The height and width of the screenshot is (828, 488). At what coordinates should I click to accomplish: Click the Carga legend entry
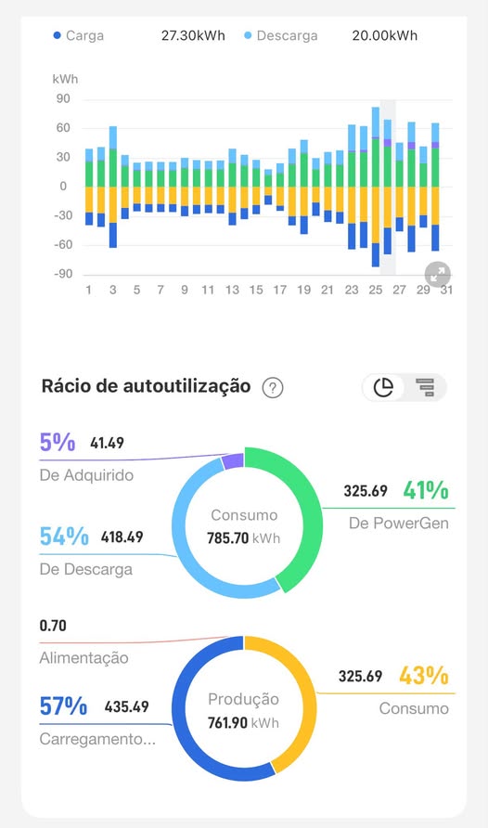click(x=79, y=36)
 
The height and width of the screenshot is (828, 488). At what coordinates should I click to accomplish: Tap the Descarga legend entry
click(x=281, y=36)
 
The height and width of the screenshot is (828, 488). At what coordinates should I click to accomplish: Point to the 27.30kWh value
click(x=193, y=36)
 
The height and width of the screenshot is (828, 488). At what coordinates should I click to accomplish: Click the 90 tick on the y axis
click(x=63, y=98)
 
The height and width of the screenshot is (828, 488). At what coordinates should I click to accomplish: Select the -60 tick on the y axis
click(x=62, y=244)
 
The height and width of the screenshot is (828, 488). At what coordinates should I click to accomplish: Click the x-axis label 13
click(x=232, y=290)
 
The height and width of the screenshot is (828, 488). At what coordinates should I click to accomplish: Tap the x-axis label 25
click(x=375, y=290)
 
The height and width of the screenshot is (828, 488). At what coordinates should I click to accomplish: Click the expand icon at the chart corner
click(x=438, y=274)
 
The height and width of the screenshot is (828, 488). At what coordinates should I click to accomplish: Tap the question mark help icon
click(x=273, y=388)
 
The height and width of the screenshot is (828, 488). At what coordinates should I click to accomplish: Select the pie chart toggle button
click(x=383, y=387)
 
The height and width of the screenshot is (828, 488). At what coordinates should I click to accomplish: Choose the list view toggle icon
click(x=425, y=387)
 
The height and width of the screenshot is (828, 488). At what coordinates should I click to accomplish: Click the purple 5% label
click(x=58, y=442)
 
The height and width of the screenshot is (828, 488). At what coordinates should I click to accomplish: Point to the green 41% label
click(x=426, y=490)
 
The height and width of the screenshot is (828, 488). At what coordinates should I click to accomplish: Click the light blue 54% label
click(x=64, y=537)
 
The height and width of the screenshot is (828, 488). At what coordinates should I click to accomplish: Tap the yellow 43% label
click(x=424, y=676)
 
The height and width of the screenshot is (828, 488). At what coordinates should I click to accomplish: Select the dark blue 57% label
click(x=63, y=706)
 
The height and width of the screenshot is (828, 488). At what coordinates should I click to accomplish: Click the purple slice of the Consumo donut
click(x=233, y=461)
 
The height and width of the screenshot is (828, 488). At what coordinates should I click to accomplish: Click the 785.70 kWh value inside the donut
click(x=244, y=538)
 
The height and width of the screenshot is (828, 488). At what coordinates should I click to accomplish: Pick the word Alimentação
click(x=83, y=658)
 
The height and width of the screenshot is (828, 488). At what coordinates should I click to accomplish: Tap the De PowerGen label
click(x=399, y=524)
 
